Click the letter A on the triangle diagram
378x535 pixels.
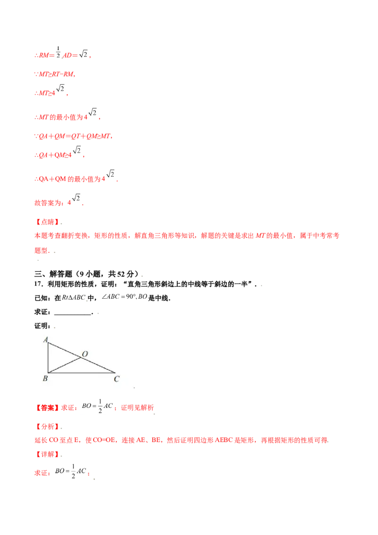(46, 339)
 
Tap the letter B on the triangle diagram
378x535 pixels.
(45, 379)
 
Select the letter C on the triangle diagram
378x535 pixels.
(116, 379)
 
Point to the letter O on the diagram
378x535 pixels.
(85, 354)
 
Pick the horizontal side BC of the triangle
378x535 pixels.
(80, 373)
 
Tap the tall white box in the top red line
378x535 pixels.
(58, 51)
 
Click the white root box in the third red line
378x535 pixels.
(61, 87)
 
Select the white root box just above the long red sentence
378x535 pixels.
(76, 197)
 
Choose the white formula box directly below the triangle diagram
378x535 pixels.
(98, 406)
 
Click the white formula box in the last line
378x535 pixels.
(71, 471)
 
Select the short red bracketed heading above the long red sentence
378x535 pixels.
(47, 221)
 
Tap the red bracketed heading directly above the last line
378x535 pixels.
(47, 454)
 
